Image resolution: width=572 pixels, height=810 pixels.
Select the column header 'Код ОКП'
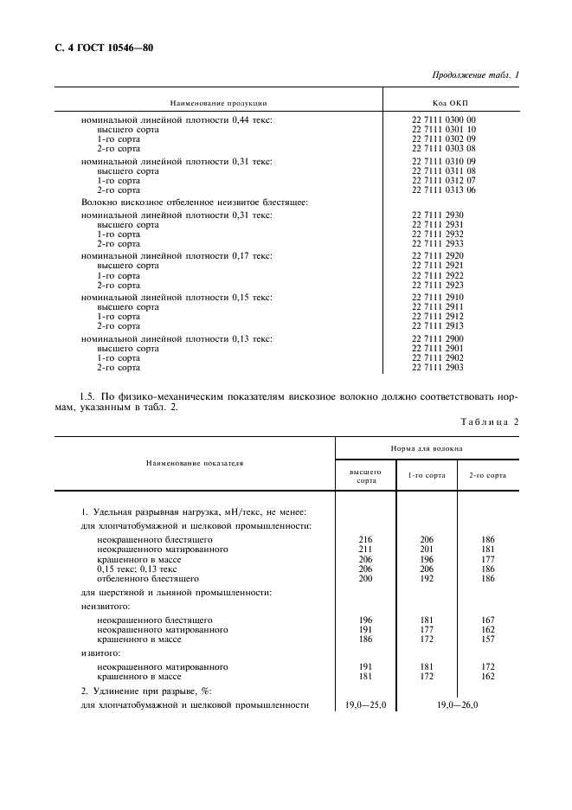(450, 102)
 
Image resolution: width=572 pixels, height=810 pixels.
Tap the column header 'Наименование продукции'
(218, 102)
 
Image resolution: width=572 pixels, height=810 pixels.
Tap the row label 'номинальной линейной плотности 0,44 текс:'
(177, 119)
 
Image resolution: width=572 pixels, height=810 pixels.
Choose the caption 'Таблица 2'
(491, 421)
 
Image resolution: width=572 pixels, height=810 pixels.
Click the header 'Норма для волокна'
(427, 448)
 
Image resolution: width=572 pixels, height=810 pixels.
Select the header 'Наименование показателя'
(195, 463)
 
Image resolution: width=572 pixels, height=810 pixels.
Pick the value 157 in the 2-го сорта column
(488, 639)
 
